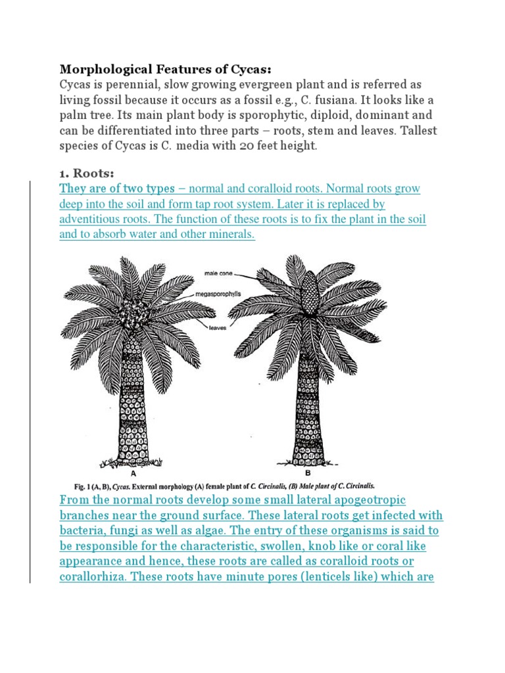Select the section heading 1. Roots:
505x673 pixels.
coord(87,174)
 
